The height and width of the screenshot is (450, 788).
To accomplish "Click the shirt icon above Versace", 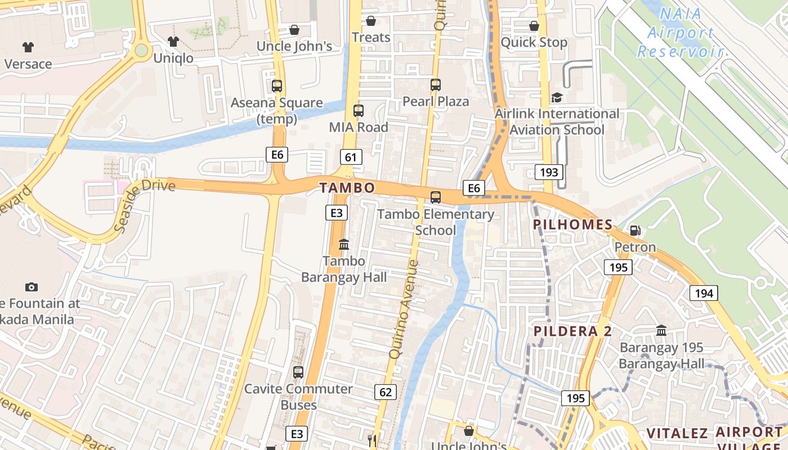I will (x=28, y=47).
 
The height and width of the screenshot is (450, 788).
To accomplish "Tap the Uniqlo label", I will (x=173, y=58).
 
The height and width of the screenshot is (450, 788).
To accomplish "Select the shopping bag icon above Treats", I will (x=371, y=21).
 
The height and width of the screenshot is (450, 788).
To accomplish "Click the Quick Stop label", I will (x=534, y=42).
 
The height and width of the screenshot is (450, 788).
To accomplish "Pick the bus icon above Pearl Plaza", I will (x=435, y=85).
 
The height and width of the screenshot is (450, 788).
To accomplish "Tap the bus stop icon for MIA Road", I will (x=359, y=111).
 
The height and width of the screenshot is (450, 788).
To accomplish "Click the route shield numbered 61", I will (x=351, y=157).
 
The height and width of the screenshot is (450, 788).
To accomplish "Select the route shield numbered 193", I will (x=548, y=172).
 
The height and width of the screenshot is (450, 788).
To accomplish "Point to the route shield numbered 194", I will (x=704, y=292).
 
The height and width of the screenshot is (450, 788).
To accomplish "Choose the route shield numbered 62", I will (x=385, y=391).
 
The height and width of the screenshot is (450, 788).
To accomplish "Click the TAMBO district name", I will (x=347, y=188).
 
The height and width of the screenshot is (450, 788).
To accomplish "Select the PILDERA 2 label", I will (x=572, y=331).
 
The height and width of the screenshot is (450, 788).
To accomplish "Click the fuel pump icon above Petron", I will (x=635, y=231).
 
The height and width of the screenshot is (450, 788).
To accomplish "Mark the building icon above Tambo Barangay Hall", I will (x=343, y=245).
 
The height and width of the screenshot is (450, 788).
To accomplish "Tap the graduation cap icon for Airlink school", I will (x=557, y=97).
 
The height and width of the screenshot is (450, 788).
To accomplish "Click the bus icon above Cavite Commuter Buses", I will (x=298, y=372).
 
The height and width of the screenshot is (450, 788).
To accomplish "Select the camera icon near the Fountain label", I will (x=32, y=287).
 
